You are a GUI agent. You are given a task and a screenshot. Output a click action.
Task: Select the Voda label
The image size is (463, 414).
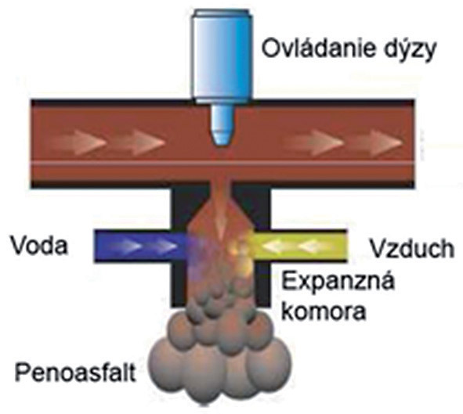[39, 246]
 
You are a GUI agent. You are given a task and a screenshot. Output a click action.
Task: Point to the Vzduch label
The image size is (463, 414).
[412, 248]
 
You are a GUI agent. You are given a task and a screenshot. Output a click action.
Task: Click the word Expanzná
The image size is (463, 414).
[338, 281]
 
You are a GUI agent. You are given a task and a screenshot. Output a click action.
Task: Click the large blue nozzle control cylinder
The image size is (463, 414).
[222, 56]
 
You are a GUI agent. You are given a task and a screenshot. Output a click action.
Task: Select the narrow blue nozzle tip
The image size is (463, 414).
[222, 125]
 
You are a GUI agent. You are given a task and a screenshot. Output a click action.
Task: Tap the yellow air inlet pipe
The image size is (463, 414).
[298, 246]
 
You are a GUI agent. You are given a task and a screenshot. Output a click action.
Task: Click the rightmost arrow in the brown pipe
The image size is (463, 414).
[377, 142]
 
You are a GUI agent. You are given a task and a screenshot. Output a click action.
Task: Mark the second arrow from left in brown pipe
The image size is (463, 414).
[138, 142]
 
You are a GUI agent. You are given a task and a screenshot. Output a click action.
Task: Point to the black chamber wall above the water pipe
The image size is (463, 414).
[181, 209]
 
